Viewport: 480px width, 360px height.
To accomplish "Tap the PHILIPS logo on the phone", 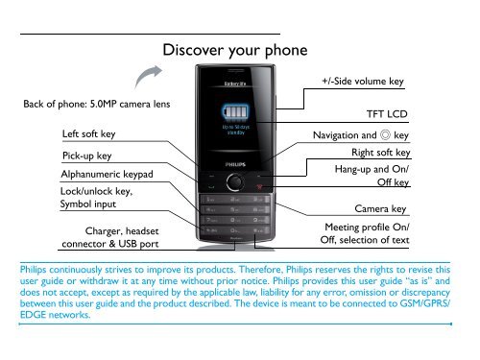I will (235, 164).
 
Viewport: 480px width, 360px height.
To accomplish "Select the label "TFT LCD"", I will (387, 114).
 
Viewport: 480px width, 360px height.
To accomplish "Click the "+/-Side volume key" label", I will (361, 82).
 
